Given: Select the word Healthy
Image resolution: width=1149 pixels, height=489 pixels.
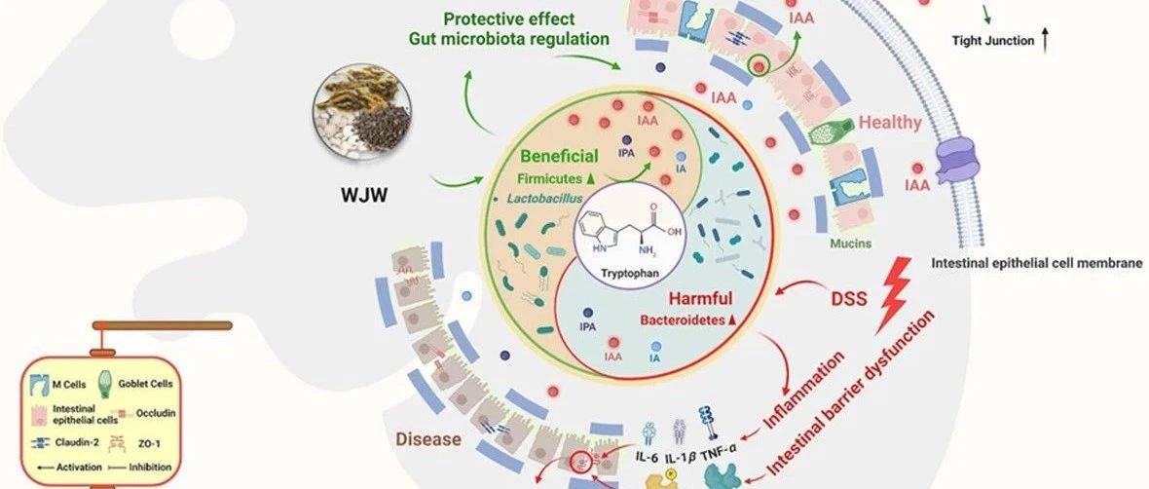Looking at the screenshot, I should [889, 123].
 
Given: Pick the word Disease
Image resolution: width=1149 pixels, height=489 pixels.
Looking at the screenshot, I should [427, 439].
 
